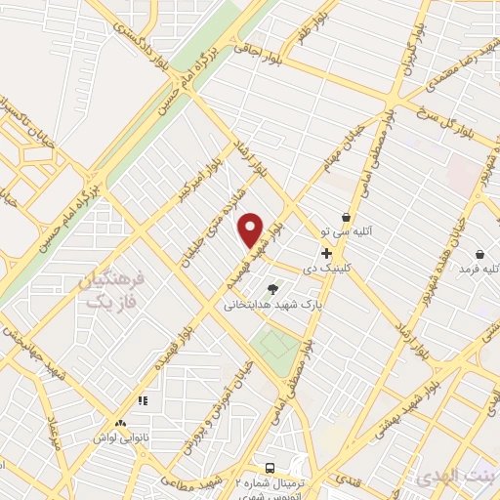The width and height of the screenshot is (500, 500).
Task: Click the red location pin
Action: (251, 229)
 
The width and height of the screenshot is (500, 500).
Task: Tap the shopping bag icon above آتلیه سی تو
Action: (346, 217)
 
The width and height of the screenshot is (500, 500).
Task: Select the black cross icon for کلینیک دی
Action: (326, 253)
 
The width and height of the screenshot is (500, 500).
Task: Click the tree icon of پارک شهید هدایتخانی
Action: (272, 288)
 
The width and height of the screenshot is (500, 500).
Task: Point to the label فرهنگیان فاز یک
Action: (109, 291)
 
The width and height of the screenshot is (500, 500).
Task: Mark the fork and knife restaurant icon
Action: (143, 400)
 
